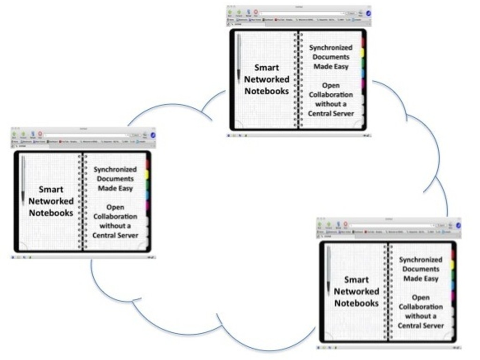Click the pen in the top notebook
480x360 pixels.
click(x=239, y=58)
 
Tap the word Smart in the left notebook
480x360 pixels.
click(x=51, y=189)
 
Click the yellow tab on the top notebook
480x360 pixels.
click(x=362, y=52)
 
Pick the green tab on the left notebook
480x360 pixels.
click(x=147, y=185)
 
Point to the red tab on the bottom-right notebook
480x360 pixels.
click(x=453, y=254)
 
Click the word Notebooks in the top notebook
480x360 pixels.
click(x=267, y=91)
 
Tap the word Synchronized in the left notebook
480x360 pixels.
click(x=115, y=169)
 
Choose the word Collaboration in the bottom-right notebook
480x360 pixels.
click(x=420, y=307)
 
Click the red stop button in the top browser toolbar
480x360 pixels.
click(x=256, y=12)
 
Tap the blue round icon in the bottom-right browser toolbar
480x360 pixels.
click(x=458, y=225)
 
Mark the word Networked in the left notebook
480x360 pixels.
click(x=51, y=201)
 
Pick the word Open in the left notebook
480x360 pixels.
click(x=115, y=207)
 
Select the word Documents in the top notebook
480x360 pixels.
click(x=331, y=57)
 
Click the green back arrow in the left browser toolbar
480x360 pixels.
click(x=14, y=134)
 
